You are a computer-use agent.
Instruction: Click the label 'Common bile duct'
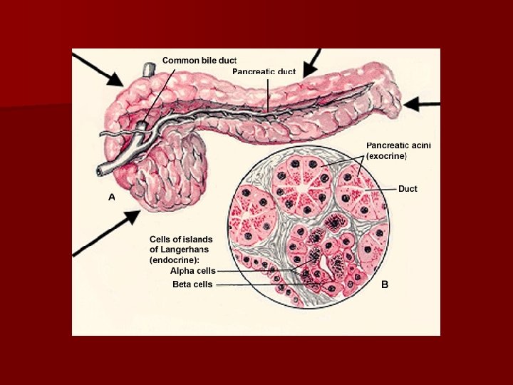point(199,61)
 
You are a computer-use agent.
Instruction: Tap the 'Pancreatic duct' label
point(264,71)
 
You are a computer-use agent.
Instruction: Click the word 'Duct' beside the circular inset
point(408,189)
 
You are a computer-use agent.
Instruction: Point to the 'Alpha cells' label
point(192,271)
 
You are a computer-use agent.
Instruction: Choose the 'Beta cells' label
point(192,284)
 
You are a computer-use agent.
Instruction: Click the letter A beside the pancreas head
point(111,197)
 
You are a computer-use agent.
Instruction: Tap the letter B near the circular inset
point(384,284)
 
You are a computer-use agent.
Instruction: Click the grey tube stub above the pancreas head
point(148,70)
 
